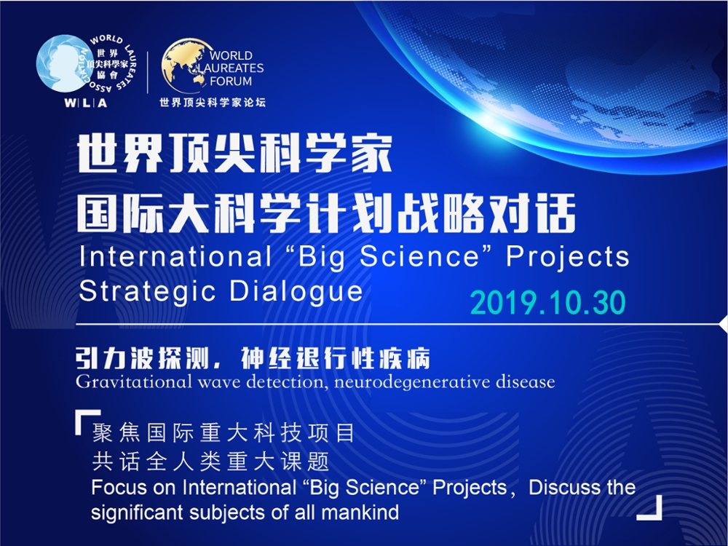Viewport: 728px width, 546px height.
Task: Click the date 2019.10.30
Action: coord(548,303)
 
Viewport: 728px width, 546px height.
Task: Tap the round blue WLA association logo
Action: coord(62,64)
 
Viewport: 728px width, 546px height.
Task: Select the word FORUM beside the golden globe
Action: coord(231,82)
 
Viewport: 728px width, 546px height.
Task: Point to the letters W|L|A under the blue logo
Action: coord(85,103)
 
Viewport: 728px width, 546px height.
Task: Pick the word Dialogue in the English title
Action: coord(296,292)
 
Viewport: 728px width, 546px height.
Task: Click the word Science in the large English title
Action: coord(419,256)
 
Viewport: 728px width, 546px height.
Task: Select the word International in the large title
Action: coord(175,256)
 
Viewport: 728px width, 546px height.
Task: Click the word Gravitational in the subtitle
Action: coord(134,382)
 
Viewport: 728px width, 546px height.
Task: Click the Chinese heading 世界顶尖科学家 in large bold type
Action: coord(235,154)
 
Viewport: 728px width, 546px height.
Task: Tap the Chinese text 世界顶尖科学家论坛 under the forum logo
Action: coord(213,103)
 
